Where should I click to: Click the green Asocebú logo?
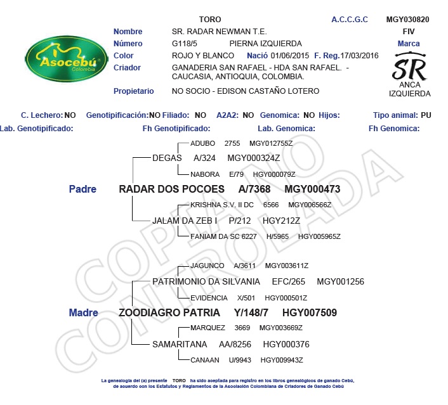pyautogui.click(x=63, y=62)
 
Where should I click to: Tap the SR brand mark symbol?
pyautogui.click(x=409, y=66)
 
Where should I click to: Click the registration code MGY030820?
pyautogui.click(x=407, y=20)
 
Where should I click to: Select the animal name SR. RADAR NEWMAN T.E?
pyautogui.click(x=219, y=32)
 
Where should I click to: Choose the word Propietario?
pyautogui.click(x=133, y=91)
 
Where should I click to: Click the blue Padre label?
pyautogui.click(x=82, y=189)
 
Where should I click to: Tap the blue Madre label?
pyautogui.click(x=83, y=312)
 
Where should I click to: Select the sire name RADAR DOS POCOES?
pyautogui.click(x=171, y=189)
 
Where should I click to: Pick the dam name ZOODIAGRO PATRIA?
pyautogui.click(x=169, y=312)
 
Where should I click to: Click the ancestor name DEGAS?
pyautogui.click(x=167, y=158)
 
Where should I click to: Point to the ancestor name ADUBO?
pyautogui.click(x=203, y=143)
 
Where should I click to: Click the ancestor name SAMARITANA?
pyautogui.click(x=180, y=344)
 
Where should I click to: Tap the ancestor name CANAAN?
pyautogui.click(x=205, y=359)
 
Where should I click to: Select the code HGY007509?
pyautogui.click(x=309, y=312)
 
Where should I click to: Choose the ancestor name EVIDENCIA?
pyautogui.click(x=209, y=298)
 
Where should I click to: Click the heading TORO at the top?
pyautogui.click(x=210, y=20)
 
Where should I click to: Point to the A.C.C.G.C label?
pyautogui.click(x=350, y=20)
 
